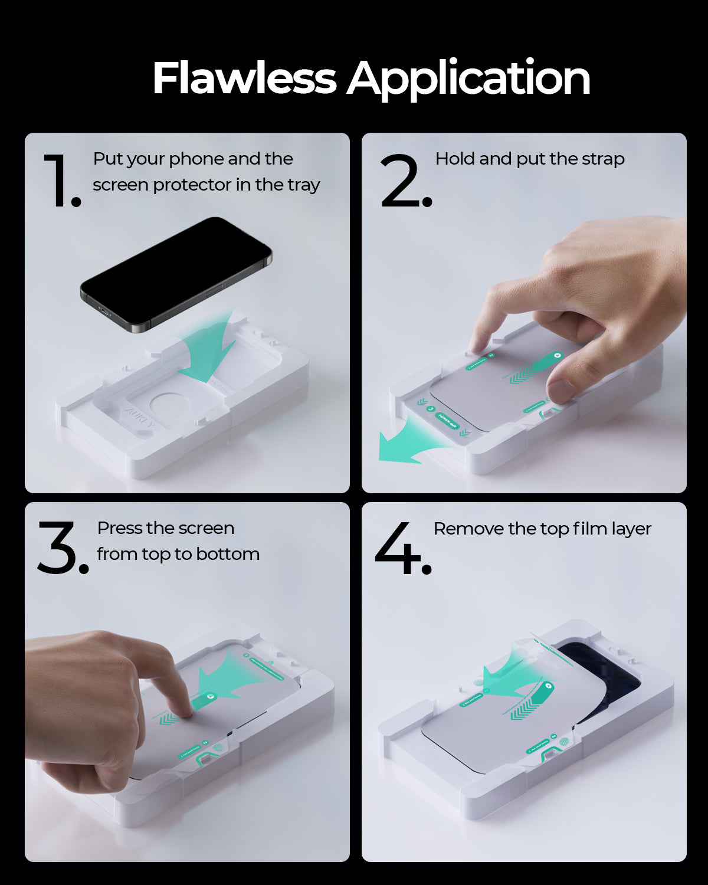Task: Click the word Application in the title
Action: point(468,78)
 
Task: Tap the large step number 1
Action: point(59,180)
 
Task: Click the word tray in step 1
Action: point(304,185)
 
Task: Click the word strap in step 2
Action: point(602,159)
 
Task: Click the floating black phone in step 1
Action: point(177,271)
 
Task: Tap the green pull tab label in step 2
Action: point(447,421)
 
